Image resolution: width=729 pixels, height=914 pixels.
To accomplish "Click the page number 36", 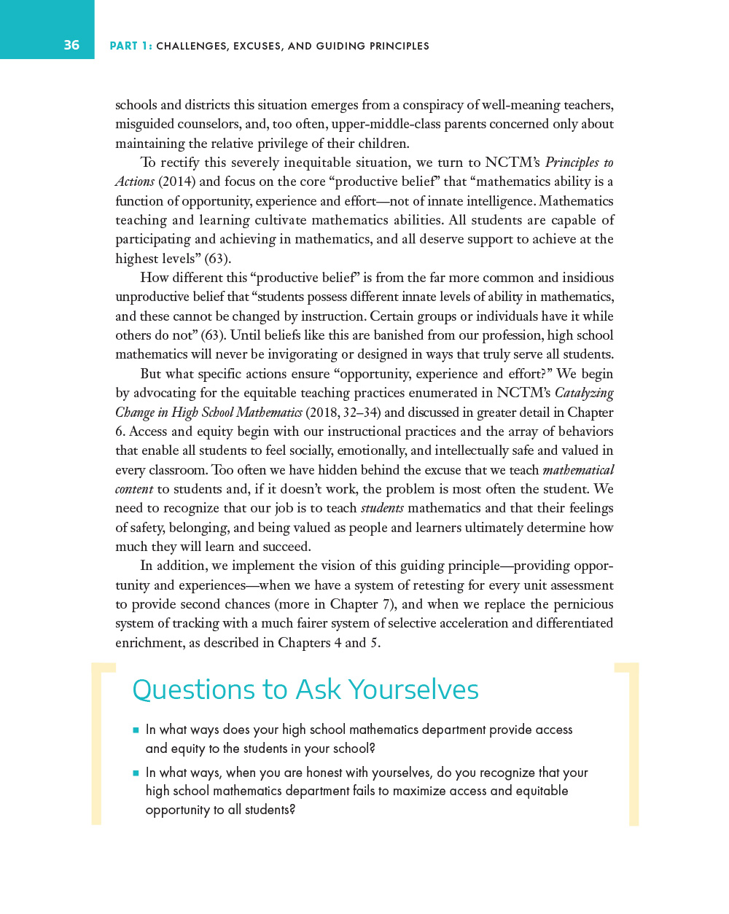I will pos(71,45).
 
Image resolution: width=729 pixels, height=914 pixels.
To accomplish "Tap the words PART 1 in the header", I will pos(130,46).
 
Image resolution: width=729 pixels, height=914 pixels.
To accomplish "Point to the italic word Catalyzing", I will pos(584,393).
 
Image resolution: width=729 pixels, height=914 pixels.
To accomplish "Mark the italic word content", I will pos(134,489).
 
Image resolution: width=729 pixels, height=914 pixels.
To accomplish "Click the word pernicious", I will pos(582,604).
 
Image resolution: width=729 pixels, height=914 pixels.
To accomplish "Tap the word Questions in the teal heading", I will pos(193,690).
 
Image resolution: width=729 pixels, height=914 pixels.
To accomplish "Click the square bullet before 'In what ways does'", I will pos(136,730).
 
